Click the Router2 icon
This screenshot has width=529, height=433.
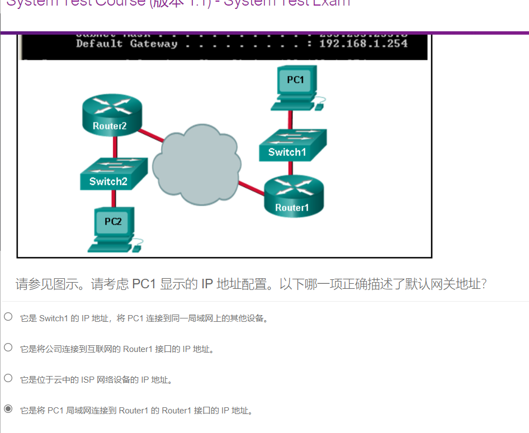(110, 114)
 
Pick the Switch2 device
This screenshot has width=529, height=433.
(114, 174)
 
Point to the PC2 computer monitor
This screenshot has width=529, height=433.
(113, 223)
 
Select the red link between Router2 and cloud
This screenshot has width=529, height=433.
(151, 135)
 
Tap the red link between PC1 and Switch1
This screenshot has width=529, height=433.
(290, 119)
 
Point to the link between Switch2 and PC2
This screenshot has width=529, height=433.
(114, 198)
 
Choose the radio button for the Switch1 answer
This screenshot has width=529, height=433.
(8, 317)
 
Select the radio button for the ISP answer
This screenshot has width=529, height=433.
(8, 378)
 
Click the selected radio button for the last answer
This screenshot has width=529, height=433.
(8, 409)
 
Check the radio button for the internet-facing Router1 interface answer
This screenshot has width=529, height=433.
(8, 348)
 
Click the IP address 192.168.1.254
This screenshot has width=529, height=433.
(363, 44)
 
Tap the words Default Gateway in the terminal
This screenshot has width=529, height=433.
(126, 44)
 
